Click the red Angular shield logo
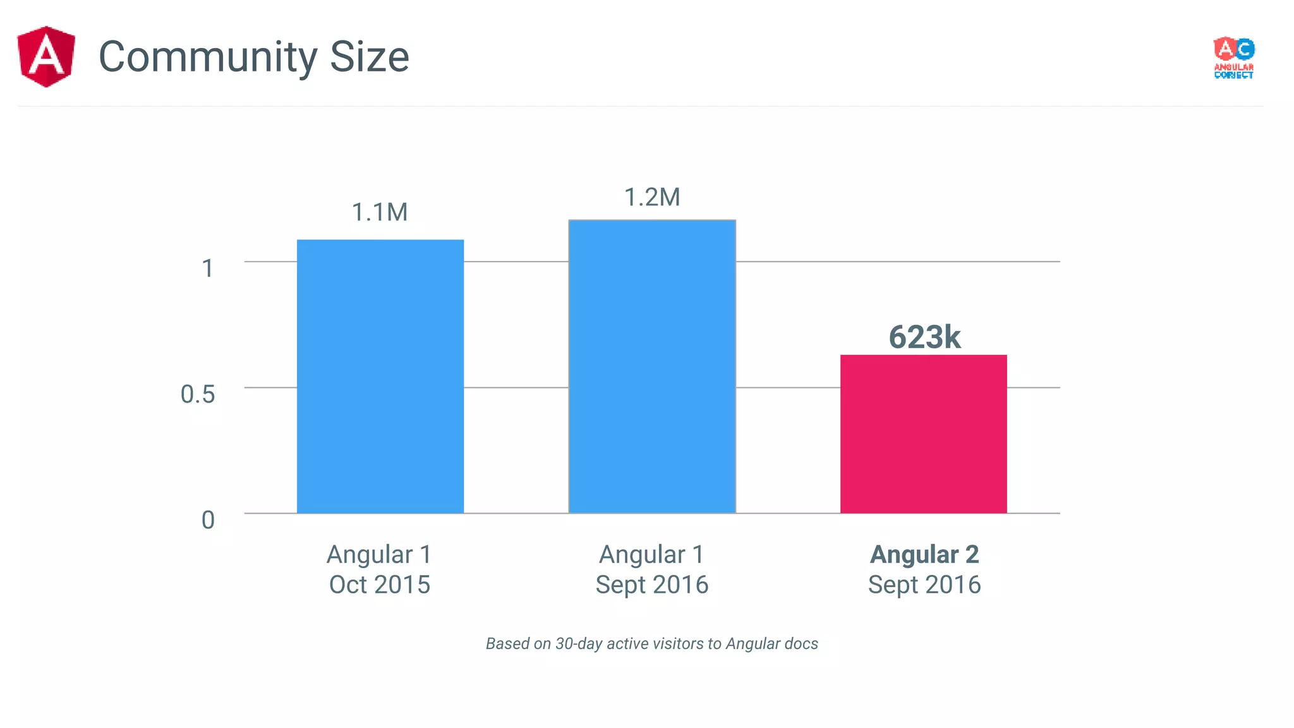[x=46, y=56]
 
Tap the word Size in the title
[x=369, y=57]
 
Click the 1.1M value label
[x=379, y=212]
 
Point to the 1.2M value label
[x=652, y=197]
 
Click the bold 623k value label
[x=924, y=337]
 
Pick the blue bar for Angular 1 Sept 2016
[x=652, y=367]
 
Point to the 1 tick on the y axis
[x=207, y=269]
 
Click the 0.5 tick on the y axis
[x=198, y=394]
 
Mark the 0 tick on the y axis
[x=208, y=520]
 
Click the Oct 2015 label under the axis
[x=379, y=585]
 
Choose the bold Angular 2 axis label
[x=924, y=554]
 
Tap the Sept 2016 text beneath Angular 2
[x=924, y=585]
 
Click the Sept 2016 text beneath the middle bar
[x=652, y=585]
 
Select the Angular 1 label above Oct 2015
[x=379, y=554]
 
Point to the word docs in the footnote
[x=801, y=643]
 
